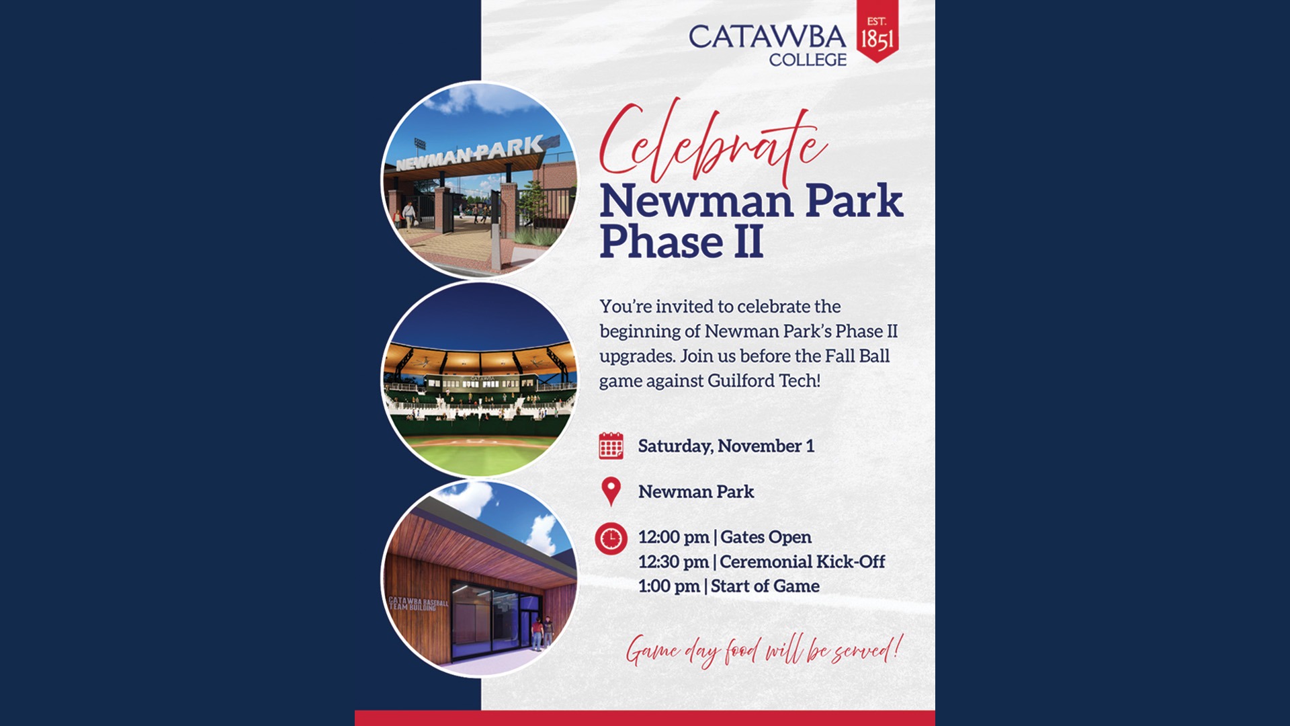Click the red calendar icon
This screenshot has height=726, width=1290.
611,446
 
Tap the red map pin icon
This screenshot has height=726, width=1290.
611,491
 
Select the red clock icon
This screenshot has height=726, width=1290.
611,538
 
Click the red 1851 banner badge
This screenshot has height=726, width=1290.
877,32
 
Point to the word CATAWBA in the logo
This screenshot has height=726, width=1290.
767,36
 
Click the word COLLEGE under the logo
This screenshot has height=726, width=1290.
808,60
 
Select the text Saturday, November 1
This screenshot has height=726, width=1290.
726,446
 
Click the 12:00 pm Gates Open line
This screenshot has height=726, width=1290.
724,537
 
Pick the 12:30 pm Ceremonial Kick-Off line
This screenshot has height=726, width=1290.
761,561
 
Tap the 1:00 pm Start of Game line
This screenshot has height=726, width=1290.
728,586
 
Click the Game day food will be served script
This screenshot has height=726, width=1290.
763,651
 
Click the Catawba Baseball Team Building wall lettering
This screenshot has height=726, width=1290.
418,604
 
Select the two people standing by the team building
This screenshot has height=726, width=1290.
542,633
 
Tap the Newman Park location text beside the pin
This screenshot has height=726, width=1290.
695,491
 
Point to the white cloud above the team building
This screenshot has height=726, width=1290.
470,499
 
